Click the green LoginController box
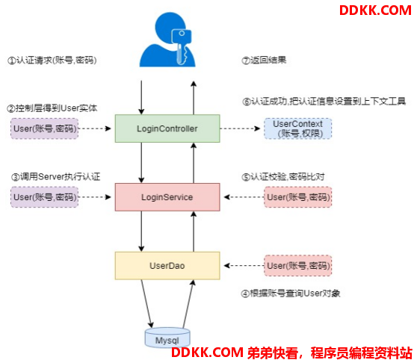pos(167,128)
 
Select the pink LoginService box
pos(167,197)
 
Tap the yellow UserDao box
pos(167,265)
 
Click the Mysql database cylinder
pos(167,338)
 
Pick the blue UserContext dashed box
pos(298,128)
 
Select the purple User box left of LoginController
pos(45,128)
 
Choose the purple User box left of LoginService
pos(45,197)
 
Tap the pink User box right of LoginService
pos(298,197)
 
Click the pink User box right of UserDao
pos(298,265)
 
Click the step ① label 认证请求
pos(52,60)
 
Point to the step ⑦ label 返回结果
pos(264,60)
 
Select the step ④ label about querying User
pos(291,294)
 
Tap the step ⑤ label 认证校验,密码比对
pos(283,177)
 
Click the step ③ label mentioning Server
pos(56,177)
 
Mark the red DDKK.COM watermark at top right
pos(375,10)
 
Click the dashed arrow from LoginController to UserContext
pos(241,128)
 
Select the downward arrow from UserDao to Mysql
pos(147,304)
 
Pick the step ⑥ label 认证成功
pos(324,102)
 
